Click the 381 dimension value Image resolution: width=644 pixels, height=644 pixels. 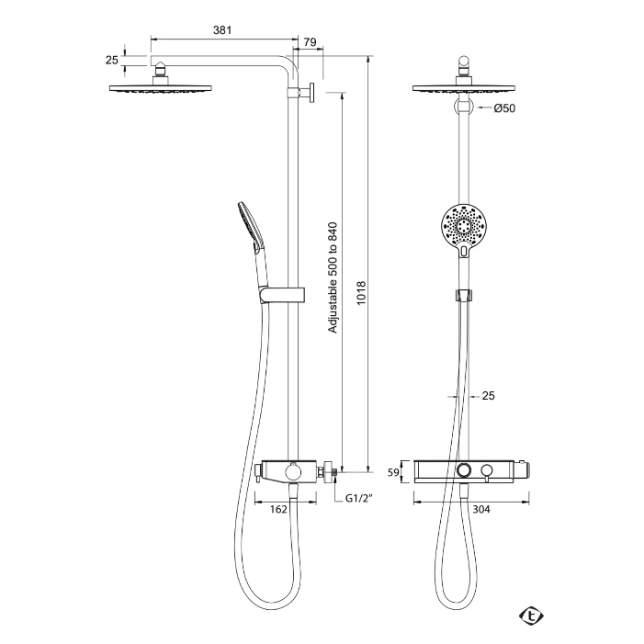(222, 30)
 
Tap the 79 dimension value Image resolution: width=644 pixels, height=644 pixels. (311, 42)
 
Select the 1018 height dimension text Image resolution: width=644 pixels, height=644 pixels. (361, 293)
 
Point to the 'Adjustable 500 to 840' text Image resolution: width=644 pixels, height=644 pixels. (333, 277)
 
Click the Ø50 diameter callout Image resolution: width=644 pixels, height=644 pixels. (504, 108)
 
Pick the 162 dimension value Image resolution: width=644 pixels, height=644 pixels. (278, 509)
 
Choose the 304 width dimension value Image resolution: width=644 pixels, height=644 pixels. (481, 509)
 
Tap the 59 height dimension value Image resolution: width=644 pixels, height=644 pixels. (393, 472)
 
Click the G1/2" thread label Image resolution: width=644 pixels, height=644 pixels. (358, 498)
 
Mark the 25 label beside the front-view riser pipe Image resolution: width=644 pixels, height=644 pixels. (489, 396)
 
